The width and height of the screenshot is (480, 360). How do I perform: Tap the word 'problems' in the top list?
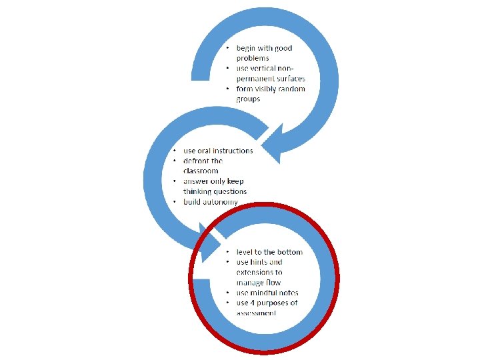point(253,59)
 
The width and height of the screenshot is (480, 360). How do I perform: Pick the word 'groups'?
point(248,99)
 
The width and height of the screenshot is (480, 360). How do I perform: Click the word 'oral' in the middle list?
point(205,151)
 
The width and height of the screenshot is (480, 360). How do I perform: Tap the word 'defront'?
point(198,161)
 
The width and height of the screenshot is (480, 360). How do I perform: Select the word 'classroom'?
point(201,171)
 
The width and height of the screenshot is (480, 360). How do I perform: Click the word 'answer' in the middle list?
point(197,181)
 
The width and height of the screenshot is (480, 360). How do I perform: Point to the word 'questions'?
point(229,191)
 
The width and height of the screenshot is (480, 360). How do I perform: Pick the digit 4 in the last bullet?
point(255,303)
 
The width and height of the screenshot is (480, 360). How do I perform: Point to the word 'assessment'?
point(256,313)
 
